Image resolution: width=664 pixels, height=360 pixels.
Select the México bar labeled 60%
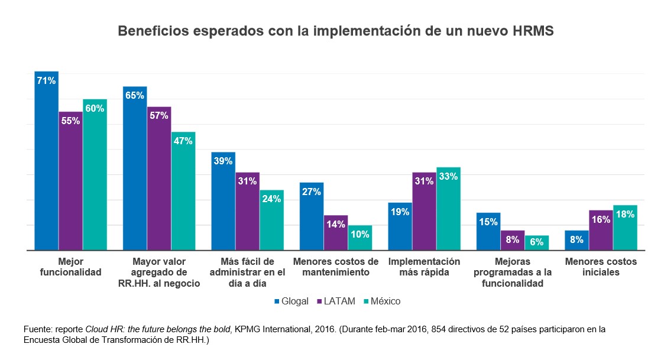click(95, 174)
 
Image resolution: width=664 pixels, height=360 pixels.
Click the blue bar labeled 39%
click(224, 201)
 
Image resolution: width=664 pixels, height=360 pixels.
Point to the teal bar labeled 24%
click(271, 220)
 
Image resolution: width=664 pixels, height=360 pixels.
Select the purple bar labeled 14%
click(336, 233)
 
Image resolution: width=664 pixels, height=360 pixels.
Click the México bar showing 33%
click(448, 209)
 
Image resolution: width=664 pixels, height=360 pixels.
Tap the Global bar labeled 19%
click(400, 226)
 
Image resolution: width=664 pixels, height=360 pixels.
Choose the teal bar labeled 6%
click(536, 243)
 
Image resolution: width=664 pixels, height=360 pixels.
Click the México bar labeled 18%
click(625, 228)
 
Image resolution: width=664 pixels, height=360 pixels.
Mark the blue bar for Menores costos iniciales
click(576, 241)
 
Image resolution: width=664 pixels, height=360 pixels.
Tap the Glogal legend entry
click(291, 301)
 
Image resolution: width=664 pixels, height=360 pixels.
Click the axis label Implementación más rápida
click(423, 267)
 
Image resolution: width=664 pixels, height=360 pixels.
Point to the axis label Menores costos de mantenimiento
click(336, 267)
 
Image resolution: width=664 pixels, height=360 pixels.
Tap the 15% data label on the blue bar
click(488, 222)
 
